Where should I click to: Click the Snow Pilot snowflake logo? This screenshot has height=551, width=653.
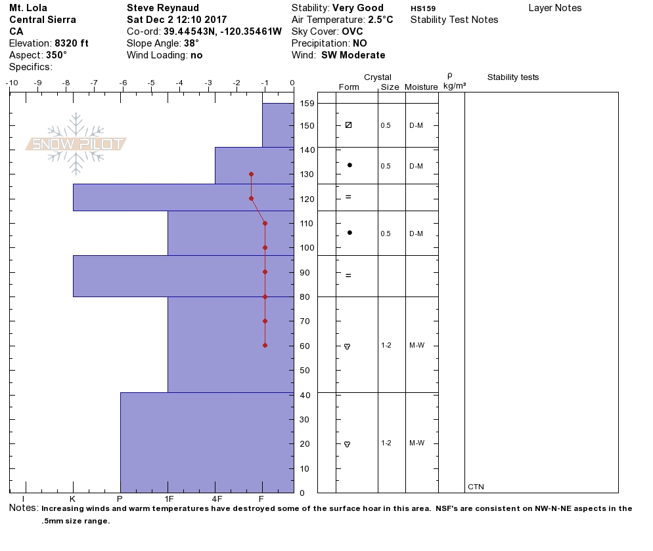[76, 144]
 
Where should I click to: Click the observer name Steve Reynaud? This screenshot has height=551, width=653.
[162, 8]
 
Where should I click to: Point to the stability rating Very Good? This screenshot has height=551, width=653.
[358, 8]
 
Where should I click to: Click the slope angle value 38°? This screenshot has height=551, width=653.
[191, 43]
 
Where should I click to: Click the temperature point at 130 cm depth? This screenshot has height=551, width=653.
[251, 174]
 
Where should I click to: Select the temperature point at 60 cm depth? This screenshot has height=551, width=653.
[265, 345]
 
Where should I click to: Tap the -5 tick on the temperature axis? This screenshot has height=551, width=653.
[151, 83]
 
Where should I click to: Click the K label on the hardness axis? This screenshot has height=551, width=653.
[73, 499]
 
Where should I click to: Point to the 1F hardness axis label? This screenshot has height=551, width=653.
[168, 499]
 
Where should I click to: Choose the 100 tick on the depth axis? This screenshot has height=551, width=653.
[307, 248]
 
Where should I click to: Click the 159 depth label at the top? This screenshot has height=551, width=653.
[307, 104]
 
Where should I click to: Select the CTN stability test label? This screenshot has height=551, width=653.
[476, 487]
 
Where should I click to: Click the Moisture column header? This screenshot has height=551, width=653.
[421, 87]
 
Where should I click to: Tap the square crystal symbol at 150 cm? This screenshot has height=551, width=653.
[348, 125]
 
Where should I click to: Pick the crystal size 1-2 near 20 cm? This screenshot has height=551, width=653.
[386, 443]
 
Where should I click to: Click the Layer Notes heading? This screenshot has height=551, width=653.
[554, 8]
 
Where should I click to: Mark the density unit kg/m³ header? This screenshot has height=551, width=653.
[454, 86]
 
